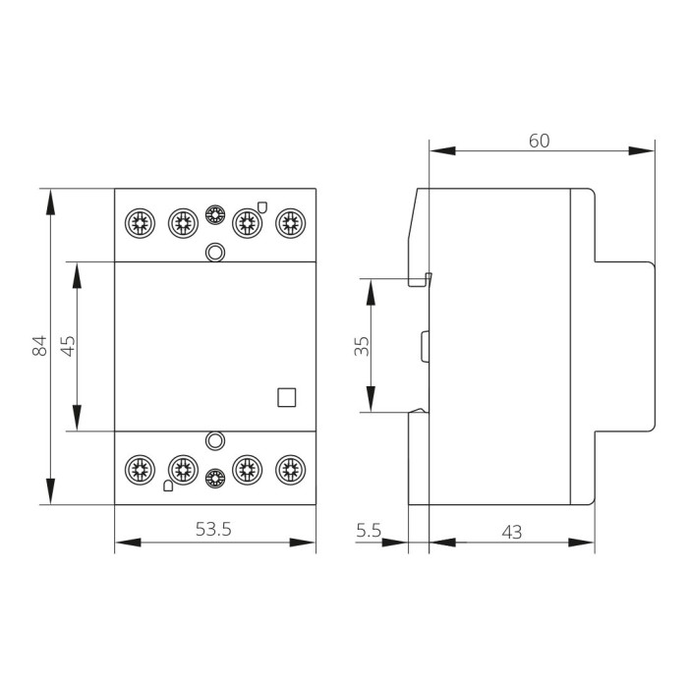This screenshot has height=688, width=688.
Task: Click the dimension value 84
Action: (39, 346)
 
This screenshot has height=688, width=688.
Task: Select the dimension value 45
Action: (68, 346)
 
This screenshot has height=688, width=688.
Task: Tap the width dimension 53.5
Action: (213, 530)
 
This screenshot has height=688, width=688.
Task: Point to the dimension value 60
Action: (539, 141)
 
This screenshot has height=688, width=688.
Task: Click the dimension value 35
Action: (361, 346)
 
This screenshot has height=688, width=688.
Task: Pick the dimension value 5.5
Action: (369, 531)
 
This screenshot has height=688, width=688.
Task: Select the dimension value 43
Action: (511, 531)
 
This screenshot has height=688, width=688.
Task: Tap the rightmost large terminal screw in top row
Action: (289, 223)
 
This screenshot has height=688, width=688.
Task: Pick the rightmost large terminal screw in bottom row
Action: (289, 469)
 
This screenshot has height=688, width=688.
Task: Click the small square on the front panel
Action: (287, 396)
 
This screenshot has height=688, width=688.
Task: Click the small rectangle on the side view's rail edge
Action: (426, 346)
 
